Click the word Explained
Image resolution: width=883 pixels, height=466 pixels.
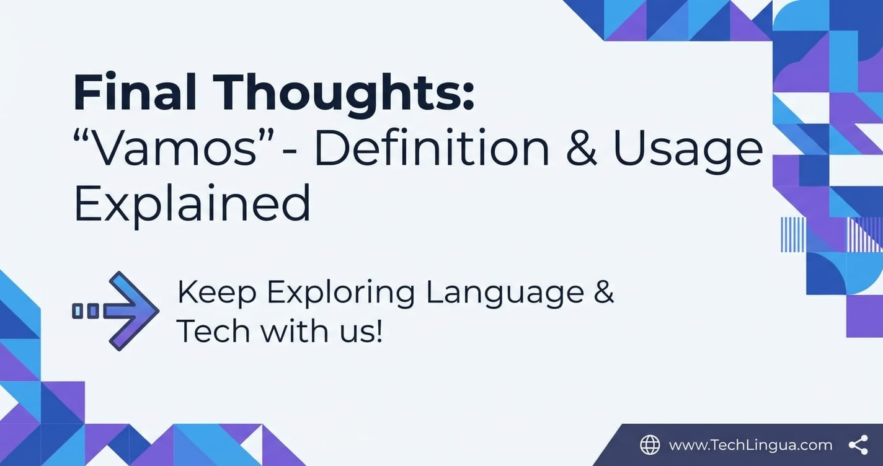click(x=192, y=205)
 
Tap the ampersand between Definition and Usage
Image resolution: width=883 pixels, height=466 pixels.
click(x=580, y=149)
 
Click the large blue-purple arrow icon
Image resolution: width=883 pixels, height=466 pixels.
click(x=116, y=311)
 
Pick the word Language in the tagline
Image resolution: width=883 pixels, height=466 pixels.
click(x=505, y=295)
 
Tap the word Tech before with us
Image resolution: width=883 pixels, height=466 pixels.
click(x=213, y=330)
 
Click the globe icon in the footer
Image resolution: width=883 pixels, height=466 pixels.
click(x=650, y=445)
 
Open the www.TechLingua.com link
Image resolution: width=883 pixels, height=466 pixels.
click(x=750, y=446)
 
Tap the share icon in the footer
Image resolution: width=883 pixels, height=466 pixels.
click(x=858, y=445)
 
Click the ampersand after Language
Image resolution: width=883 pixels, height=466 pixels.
click(x=605, y=292)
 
